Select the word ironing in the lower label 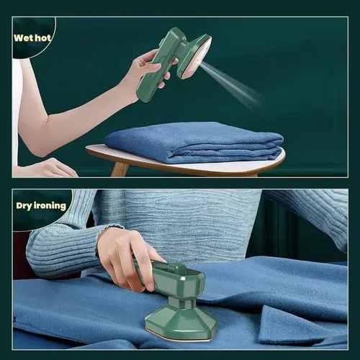pyautogui.click(x=51, y=206)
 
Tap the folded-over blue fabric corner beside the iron pyautogui.click(x=288, y=324)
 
